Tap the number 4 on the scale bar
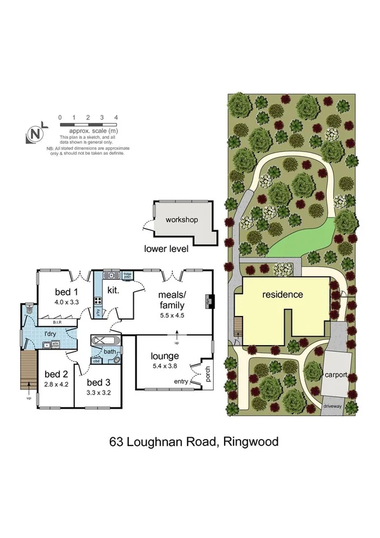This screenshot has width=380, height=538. [116, 118]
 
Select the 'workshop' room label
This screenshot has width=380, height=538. [182, 220]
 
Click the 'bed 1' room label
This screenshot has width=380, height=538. [66, 292]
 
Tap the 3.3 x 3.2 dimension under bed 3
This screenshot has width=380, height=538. [99, 393]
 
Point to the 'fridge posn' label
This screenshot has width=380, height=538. [127, 276]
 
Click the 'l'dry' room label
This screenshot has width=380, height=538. [51, 334]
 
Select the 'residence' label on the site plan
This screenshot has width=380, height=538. [283, 294]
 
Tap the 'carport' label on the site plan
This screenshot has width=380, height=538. [336, 374]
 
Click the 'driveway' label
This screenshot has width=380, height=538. [333, 403]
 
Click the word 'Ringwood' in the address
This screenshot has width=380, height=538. [250, 442]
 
